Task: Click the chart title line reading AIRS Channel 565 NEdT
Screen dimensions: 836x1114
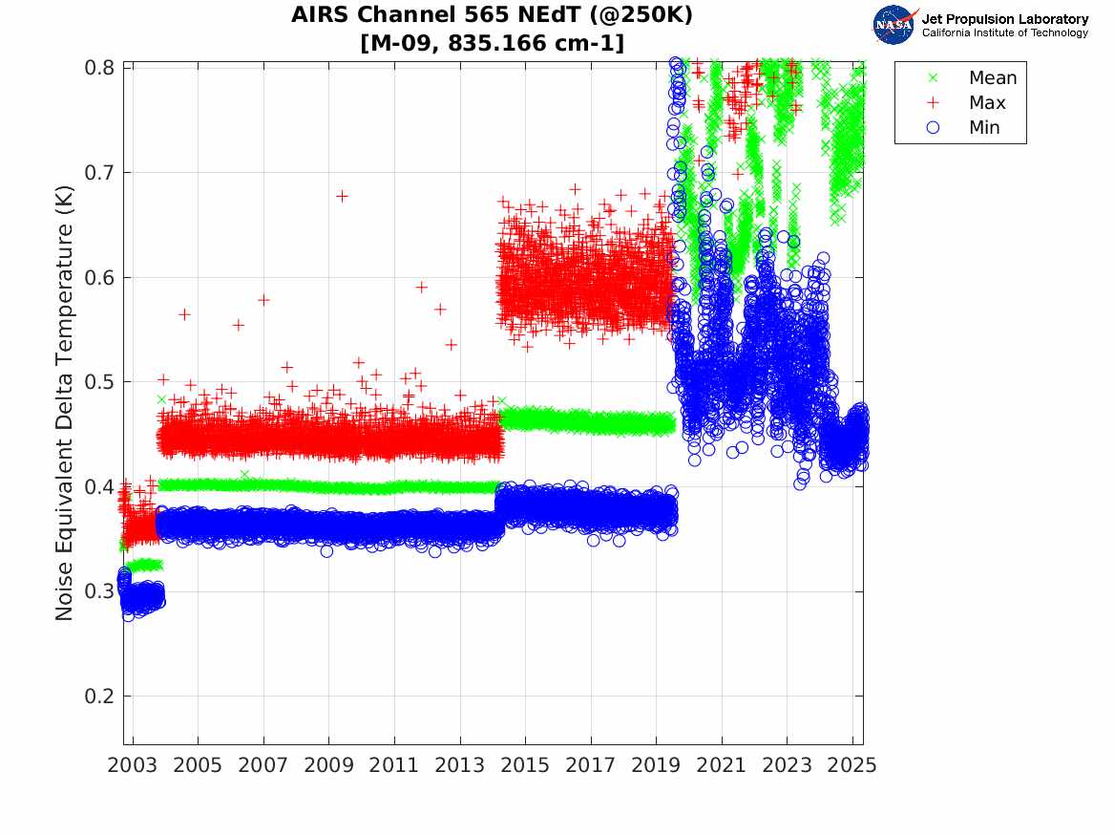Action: [492, 15]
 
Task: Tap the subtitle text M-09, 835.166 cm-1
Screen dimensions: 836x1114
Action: [492, 43]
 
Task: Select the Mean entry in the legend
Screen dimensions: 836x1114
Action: [992, 78]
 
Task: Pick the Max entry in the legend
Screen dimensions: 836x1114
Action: [987, 103]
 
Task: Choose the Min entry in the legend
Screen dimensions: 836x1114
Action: [984, 128]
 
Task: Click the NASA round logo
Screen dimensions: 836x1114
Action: [894, 25]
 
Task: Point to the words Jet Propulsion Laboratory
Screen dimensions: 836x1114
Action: [1004, 18]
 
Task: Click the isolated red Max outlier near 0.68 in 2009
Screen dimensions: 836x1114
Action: [342, 196]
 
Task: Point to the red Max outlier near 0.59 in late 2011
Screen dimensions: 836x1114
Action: [421, 287]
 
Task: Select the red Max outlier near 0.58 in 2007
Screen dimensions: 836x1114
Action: [263, 299]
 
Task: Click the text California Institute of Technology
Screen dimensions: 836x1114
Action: [1004, 33]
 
